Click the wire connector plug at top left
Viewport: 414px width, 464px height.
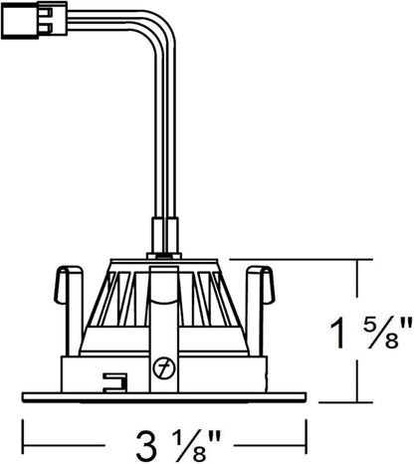(35, 19)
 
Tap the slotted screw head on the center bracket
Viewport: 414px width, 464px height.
(164, 367)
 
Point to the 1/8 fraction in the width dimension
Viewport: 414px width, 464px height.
(188, 445)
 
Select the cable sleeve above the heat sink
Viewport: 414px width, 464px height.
(165, 235)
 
